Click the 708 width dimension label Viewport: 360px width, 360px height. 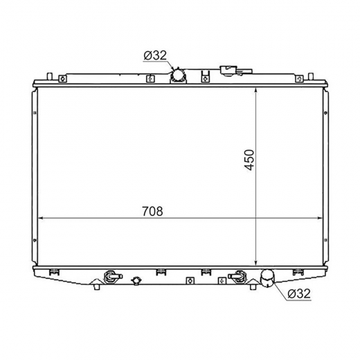click(x=152, y=211)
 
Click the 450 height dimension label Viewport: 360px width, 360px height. click(x=249, y=160)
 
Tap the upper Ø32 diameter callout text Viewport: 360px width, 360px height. click(x=155, y=55)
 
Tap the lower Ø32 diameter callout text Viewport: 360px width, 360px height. click(x=299, y=294)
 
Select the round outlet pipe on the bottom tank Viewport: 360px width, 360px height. click(x=267, y=278)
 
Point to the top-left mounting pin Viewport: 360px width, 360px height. click(x=50, y=76)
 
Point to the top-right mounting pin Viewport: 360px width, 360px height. click(x=311, y=76)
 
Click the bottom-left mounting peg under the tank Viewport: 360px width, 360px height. click(x=97, y=287)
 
